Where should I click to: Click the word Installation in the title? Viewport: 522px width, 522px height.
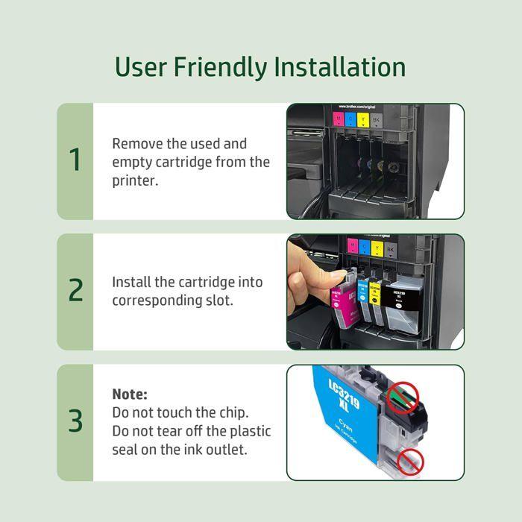(339, 66)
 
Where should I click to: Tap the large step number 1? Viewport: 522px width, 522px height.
(75, 160)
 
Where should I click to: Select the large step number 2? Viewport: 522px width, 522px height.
(75, 291)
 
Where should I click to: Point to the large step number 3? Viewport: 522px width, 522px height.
(75, 421)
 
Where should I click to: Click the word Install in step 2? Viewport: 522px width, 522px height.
(130, 283)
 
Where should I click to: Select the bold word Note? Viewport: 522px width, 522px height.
(130, 394)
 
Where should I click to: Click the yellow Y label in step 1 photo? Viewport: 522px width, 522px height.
(363, 119)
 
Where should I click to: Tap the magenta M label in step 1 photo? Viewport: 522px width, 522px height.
(339, 118)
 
